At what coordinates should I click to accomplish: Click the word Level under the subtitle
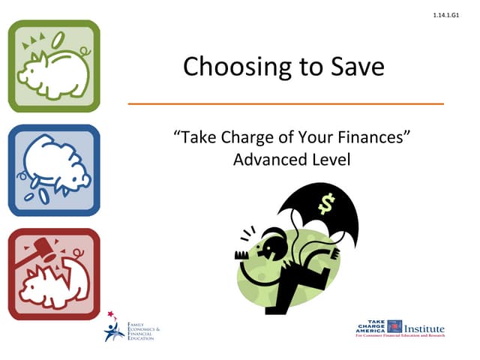[x=328, y=159]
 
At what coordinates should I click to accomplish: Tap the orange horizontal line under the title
[x=286, y=103]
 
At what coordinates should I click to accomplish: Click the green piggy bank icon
[x=53, y=66]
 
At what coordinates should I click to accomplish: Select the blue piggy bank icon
[x=53, y=170]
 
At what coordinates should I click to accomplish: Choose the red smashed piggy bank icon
[x=53, y=274]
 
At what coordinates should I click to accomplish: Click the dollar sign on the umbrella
[x=326, y=203]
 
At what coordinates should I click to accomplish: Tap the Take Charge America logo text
[x=370, y=326]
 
